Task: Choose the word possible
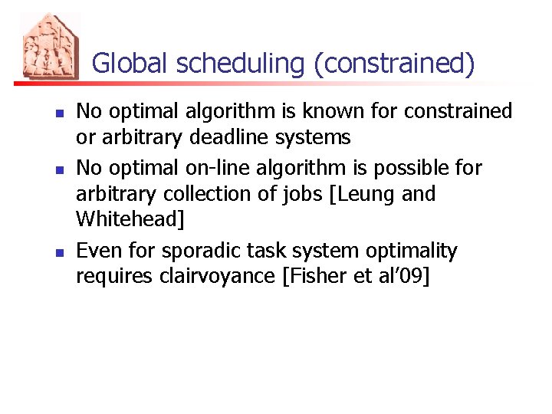pyautogui.click(x=404, y=167)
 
